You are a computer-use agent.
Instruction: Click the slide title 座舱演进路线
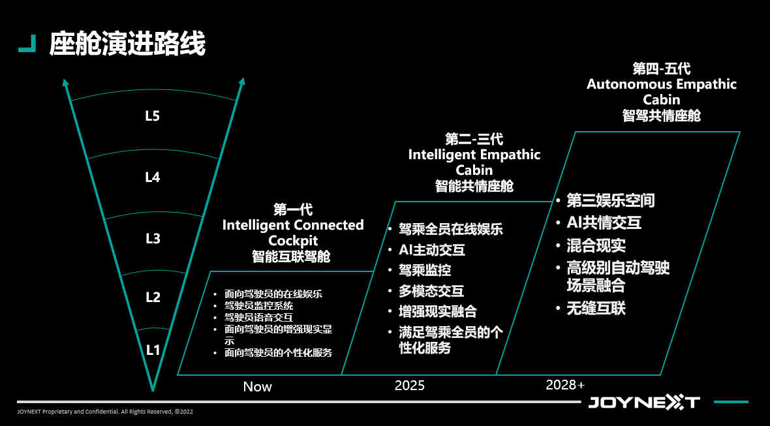pos(127,44)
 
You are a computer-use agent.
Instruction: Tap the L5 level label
pos(153,116)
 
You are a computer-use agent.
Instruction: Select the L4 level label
pos(153,177)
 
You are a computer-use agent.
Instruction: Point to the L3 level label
pos(153,239)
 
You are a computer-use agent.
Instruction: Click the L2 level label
pos(153,297)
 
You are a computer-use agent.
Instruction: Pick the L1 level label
pos(153,350)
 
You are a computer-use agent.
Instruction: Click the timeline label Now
pos(257,387)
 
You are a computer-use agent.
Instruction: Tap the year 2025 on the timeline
pos(410,386)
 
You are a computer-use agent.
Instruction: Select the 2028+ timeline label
pos(565,386)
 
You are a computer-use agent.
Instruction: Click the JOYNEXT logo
pos(644,403)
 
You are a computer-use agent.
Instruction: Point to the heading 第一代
pos(293,209)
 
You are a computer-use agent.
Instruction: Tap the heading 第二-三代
pos(474,139)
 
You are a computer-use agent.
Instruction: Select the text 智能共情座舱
pos(474,186)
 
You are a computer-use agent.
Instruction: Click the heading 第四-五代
pos(662,68)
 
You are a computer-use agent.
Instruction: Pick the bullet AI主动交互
pos(432,250)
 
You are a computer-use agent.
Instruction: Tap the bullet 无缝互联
pos(596,309)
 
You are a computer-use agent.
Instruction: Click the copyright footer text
pos(105,412)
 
